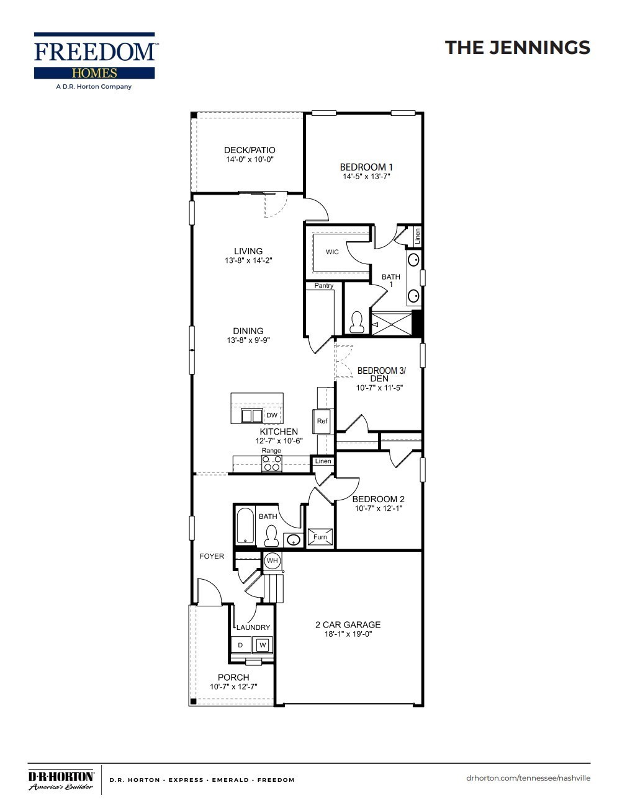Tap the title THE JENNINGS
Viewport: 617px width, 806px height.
pyautogui.click(x=517, y=48)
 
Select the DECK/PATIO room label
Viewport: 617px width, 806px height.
pyautogui.click(x=249, y=150)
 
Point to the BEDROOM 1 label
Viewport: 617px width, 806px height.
pyautogui.click(x=366, y=167)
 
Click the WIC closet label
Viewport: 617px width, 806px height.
pyautogui.click(x=332, y=252)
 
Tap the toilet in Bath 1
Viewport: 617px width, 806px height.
pyautogui.click(x=356, y=322)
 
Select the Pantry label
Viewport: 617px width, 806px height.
pyautogui.click(x=323, y=286)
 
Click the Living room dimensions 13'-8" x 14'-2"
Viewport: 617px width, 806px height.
pyautogui.click(x=248, y=261)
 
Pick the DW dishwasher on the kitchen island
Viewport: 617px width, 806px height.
pyautogui.click(x=271, y=415)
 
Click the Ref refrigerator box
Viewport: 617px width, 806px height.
pyautogui.click(x=322, y=422)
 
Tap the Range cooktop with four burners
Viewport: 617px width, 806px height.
pyautogui.click(x=272, y=463)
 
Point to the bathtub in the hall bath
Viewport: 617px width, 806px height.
pyautogui.click(x=245, y=526)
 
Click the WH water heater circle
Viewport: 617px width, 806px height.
pyautogui.click(x=272, y=561)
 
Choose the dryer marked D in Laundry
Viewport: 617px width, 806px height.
pyautogui.click(x=241, y=645)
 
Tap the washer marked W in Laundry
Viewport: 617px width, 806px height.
pyautogui.click(x=262, y=645)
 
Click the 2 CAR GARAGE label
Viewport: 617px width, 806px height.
pyautogui.click(x=348, y=625)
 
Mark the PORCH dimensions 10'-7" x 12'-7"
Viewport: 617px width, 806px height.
pyautogui.click(x=233, y=687)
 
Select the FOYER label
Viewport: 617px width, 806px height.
pyautogui.click(x=212, y=556)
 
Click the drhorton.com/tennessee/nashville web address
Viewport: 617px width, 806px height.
pyautogui.click(x=528, y=778)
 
